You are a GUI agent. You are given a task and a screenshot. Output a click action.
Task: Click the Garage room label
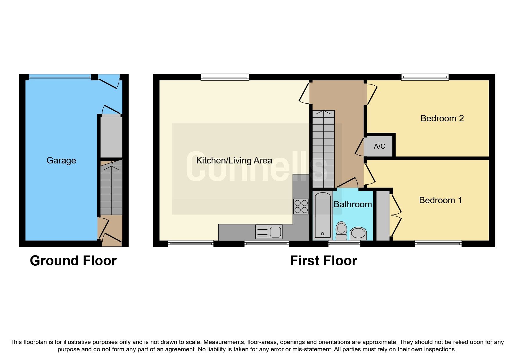61,161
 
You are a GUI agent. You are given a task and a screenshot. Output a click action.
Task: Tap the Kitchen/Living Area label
234,161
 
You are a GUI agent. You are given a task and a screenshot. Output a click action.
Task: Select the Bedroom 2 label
442,118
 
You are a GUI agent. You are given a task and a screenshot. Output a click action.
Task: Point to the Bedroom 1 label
440,200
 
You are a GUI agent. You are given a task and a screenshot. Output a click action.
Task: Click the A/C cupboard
379,146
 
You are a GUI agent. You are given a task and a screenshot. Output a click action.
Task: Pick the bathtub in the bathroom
322,215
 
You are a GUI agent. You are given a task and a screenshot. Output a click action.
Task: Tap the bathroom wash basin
358,233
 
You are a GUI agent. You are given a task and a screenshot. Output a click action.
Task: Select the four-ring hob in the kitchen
301,206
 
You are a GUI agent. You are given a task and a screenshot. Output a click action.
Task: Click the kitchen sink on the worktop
269,232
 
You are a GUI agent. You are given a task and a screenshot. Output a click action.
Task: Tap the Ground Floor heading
73,261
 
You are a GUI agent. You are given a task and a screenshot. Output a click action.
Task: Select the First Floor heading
323,261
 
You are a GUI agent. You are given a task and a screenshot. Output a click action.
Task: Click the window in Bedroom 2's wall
425,77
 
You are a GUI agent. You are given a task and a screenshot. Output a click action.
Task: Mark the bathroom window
344,244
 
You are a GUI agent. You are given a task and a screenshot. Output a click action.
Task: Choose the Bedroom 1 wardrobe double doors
396,215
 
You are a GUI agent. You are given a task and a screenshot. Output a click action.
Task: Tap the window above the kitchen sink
266,244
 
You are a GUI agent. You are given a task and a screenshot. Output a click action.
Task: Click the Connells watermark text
257,167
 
